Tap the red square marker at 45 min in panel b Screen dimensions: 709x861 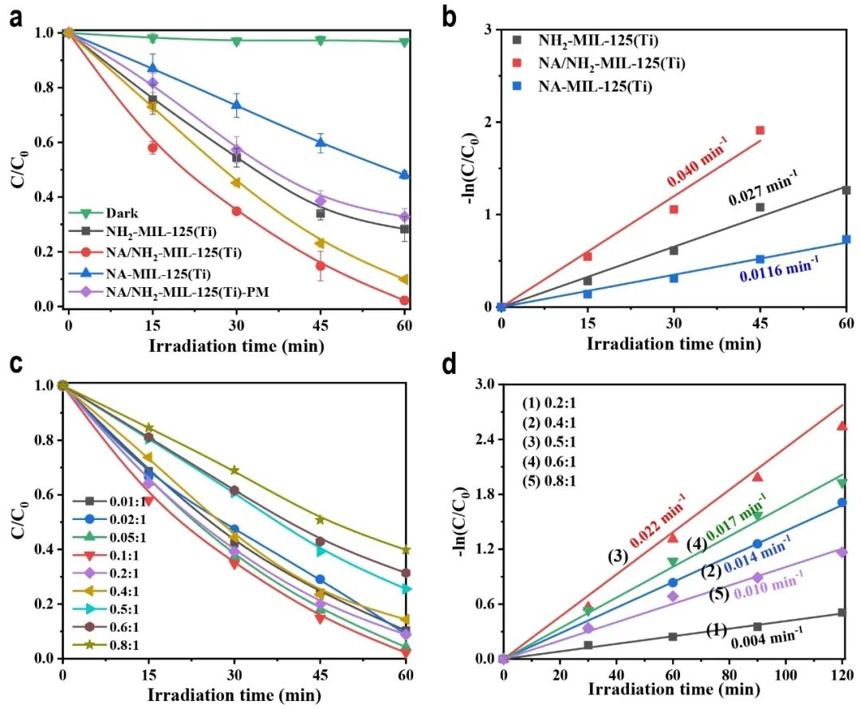click(x=760, y=130)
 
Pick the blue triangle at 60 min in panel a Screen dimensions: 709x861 click(x=404, y=175)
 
